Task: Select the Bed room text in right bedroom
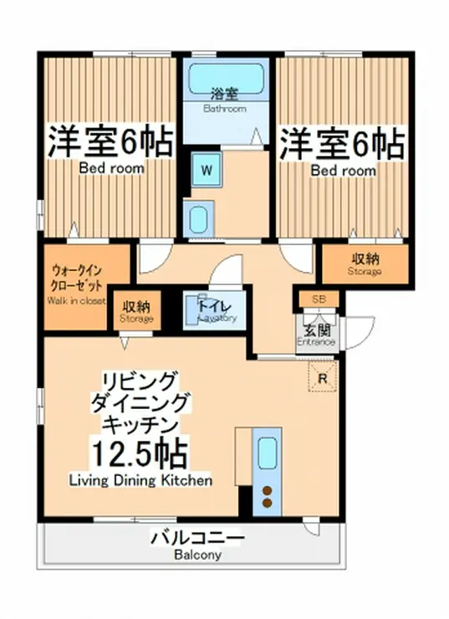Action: click(343, 171)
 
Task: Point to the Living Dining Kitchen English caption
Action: click(140, 481)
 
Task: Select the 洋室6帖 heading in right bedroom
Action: click(343, 144)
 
